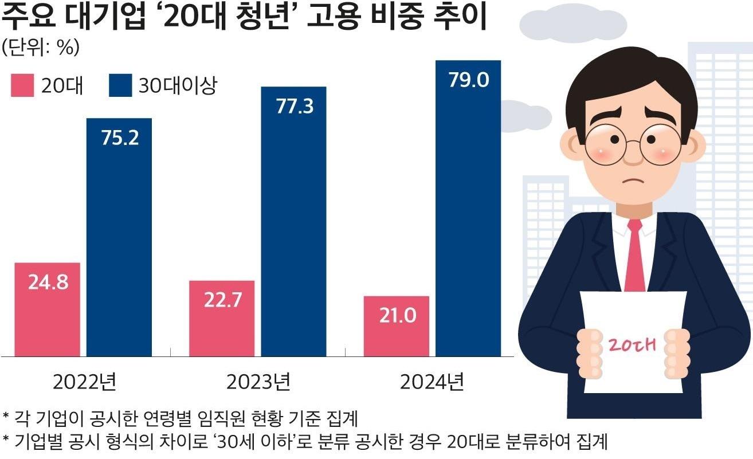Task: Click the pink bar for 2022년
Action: [48, 309]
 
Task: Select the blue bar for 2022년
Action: [119, 237]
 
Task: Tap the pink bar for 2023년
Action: [222, 319]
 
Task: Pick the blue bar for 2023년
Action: [293, 222]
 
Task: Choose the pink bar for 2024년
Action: [396, 326]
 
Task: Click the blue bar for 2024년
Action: [468, 209]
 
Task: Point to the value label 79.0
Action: [468, 80]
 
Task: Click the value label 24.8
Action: [48, 283]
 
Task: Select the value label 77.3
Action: [294, 107]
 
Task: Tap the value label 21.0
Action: [397, 316]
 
